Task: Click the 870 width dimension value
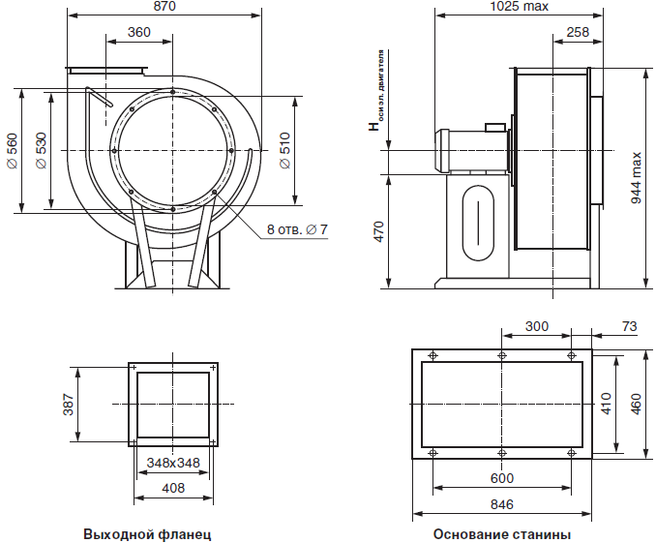pyautogui.click(x=164, y=6)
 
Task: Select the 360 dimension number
pyautogui.click(x=139, y=32)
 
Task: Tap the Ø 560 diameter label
pyautogui.click(x=13, y=151)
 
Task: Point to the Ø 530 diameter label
pyautogui.click(x=42, y=151)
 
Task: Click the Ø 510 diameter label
pyautogui.click(x=284, y=151)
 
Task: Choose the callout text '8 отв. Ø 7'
pyautogui.click(x=297, y=229)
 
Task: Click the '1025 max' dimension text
pyautogui.click(x=519, y=6)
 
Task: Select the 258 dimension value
pyautogui.click(x=578, y=32)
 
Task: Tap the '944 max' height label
pyautogui.click(x=636, y=178)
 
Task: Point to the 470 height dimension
pyautogui.click(x=378, y=232)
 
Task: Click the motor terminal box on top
pyautogui.click(x=495, y=127)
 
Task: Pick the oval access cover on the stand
pyautogui.click(x=478, y=223)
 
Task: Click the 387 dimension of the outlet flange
pyautogui.click(x=68, y=405)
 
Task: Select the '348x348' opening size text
pyautogui.click(x=173, y=463)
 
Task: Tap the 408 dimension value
pyautogui.click(x=173, y=488)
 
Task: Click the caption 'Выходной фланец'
pyautogui.click(x=147, y=534)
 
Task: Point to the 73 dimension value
pyautogui.click(x=630, y=326)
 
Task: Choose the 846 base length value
pyautogui.click(x=501, y=504)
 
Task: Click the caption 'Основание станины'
pyautogui.click(x=502, y=534)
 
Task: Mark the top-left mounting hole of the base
pyautogui.click(x=433, y=356)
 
